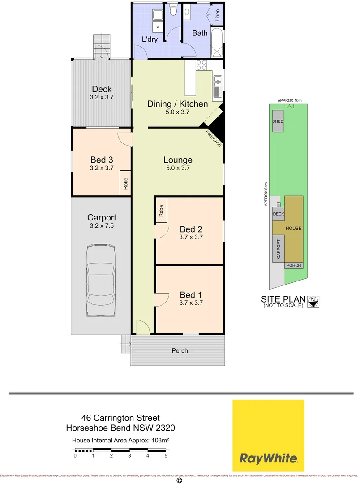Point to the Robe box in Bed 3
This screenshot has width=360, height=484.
pos(125,184)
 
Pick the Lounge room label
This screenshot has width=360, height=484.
pos(178,160)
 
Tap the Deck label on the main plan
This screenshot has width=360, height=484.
pos(102,89)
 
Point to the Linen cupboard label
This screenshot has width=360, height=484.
pos(218,16)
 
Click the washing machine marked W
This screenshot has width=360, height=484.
pos(158,27)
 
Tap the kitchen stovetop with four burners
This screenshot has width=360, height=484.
pos(201,65)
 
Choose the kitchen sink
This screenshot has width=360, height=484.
pos(218,81)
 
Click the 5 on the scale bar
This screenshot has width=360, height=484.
pos(166,456)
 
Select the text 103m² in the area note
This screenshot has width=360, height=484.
pos(159,440)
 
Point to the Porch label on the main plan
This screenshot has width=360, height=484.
pos(180,350)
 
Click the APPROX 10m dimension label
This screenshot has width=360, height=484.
pos(290,100)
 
